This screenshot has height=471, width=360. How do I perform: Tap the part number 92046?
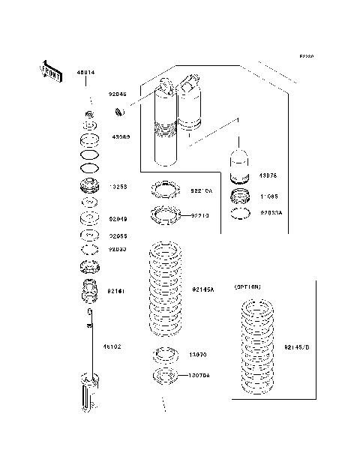[118, 94]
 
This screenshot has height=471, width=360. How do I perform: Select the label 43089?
[121, 137]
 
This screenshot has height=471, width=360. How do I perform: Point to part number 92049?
[118, 219]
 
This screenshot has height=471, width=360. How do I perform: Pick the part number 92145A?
[202, 289]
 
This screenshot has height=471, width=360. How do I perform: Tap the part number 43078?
[268, 175]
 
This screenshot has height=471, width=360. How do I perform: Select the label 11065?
[269, 196]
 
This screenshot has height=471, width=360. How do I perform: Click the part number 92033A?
[271, 212]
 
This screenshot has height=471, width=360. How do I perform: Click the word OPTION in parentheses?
[247, 286]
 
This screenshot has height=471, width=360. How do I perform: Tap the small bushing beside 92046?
[118, 112]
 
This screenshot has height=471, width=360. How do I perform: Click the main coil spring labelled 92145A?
[163, 289]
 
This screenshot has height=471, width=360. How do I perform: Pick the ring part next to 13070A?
[165, 375]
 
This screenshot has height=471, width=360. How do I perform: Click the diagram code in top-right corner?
[306, 56]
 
